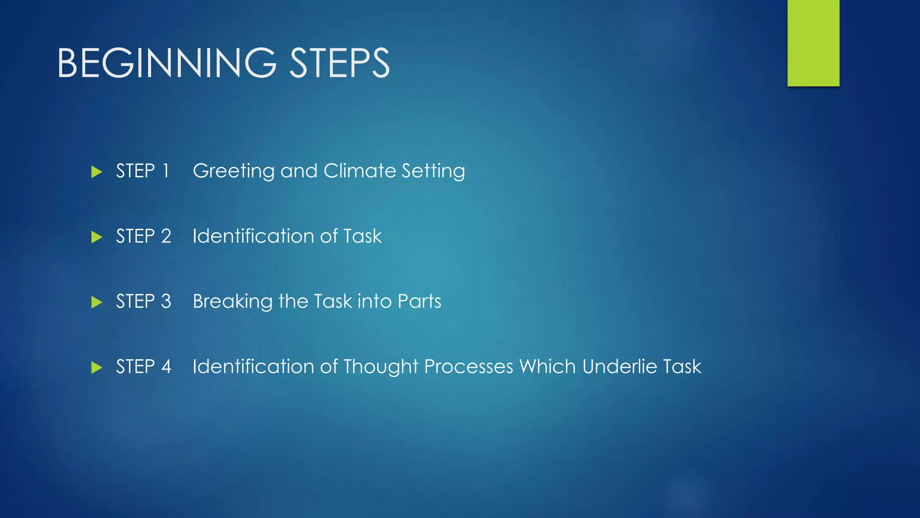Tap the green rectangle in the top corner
pyautogui.click(x=813, y=43)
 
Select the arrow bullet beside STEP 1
pyautogui.click(x=97, y=172)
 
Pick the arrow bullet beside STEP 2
pyautogui.click(x=97, y=237)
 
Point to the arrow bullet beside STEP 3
pyautogui.click(x=97, y=302)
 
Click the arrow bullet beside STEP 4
pyautogui.click(x=97, y=367)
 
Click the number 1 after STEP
pyautogui.click(x=166, y=171)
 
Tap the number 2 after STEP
pyautogui.click(x=166, y=237)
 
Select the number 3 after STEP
pyautogui.click(x=166, y=302)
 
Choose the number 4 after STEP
pyautogui.click(x=166, y=367)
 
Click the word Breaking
pyautogui.click(x=232, y=302)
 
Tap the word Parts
pyautogui.click(x=419, y=302)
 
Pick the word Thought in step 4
pyautogui.click(x=381, y=367)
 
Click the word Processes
pyautogui.click(x=468, y=367)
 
